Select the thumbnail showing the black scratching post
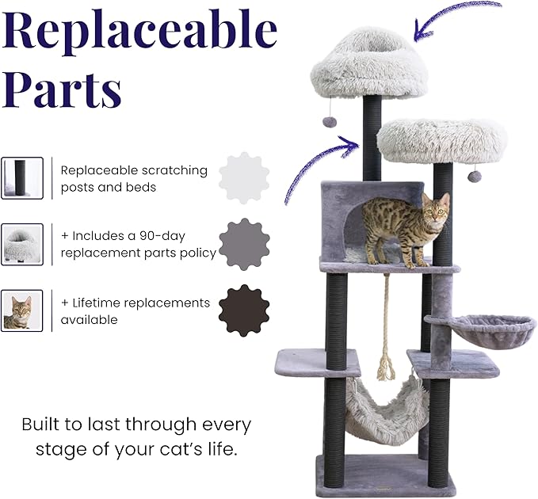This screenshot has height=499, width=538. coord(21,177)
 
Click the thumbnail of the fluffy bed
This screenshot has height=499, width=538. coord(21,244)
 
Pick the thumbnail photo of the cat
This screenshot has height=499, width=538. coord(21,310)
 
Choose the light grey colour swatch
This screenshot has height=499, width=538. coord(244,178)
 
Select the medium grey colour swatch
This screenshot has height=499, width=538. coord(244,245)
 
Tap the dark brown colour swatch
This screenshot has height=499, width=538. coord(244,310)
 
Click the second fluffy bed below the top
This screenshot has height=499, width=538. coord(441,141)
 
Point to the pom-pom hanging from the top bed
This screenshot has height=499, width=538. coord(329,123)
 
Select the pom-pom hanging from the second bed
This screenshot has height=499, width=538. coord(474,176)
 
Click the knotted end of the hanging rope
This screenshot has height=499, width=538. coord(387,368)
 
